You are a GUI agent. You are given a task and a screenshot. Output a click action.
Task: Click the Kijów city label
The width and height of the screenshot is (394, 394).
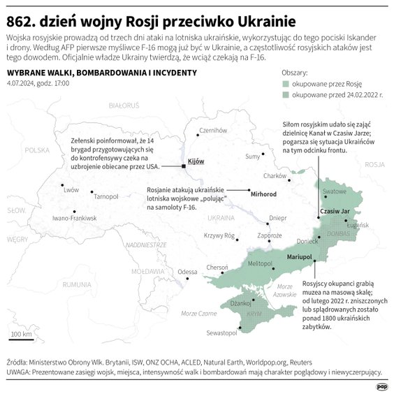coord(196,161)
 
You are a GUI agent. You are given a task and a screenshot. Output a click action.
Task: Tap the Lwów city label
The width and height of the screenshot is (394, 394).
coord(71,189)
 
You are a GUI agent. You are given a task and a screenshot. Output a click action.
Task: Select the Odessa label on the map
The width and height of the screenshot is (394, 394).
coord(188,272)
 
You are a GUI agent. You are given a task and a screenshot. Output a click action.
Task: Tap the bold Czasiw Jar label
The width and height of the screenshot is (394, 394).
coord(334,210)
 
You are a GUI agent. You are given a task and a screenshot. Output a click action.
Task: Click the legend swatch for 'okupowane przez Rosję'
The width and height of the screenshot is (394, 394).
coord(285,82)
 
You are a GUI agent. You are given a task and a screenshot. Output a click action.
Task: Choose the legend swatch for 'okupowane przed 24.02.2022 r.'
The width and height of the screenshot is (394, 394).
coord(285,94)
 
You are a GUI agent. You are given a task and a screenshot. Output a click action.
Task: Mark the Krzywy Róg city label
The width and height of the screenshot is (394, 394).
coord(219,235)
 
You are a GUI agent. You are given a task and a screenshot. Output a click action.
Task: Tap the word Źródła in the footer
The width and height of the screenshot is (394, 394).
coord(19,363)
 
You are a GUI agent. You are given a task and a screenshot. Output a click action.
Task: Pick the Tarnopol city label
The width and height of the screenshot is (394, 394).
coord(106,196)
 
